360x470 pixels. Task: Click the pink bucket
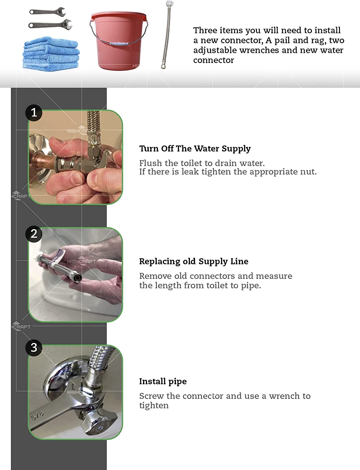click(x=118, y=41)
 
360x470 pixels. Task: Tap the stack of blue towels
click(x=51, y=54)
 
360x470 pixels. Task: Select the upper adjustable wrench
click(x=47, y=12)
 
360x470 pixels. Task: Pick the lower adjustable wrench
click(x=50, y=24)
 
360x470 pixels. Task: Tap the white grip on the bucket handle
click(x=119, y=44)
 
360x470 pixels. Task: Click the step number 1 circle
click(x=34, y=113)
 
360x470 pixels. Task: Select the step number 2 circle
click(x=34, y=234)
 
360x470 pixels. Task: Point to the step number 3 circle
click(x=34, y=348)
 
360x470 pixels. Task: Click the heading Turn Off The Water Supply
click(x=195, y=149)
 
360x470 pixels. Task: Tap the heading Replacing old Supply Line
click(x=194, y=262)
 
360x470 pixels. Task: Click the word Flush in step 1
click(x=150, y=163)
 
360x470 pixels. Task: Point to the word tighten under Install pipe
click(x=154, y=405)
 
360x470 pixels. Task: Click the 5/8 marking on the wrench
click(x=38, y=415)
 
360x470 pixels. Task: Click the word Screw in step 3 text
click(x=152, y=396)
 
